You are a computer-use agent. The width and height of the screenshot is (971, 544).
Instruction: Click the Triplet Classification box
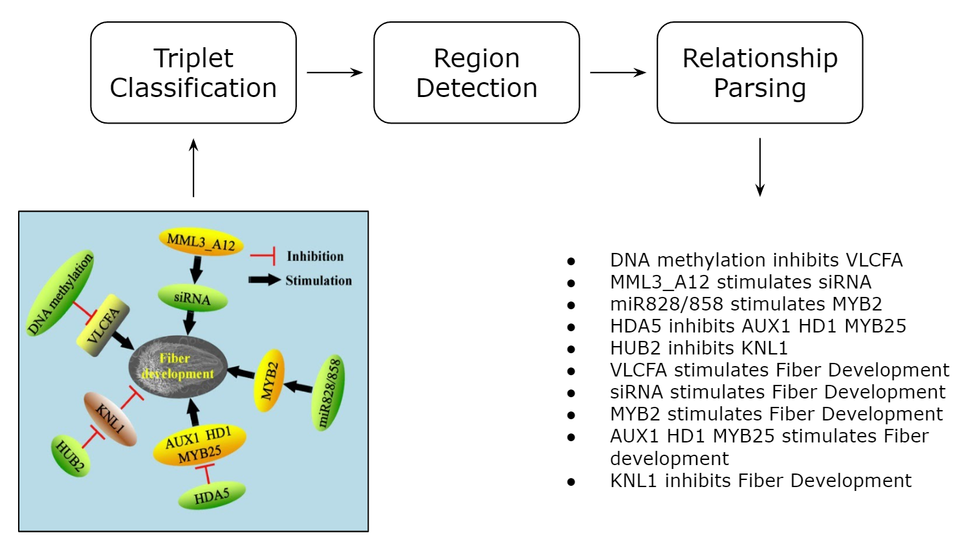[193, 72]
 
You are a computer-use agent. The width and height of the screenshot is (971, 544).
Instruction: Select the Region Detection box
[476, 72]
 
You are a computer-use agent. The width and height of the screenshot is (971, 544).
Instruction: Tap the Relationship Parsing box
[760, 72]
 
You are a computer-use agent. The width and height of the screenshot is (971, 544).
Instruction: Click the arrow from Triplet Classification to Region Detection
[334, 72]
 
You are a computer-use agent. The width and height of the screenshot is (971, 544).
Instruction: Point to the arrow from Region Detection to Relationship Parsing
[618, 72]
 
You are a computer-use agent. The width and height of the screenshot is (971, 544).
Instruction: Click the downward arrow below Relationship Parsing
[760, 168]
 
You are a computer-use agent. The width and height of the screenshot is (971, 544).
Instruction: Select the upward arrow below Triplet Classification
[193, 168]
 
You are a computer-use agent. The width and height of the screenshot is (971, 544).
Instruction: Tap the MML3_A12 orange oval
[201, 242]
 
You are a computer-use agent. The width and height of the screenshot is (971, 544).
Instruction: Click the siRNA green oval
[192, 298]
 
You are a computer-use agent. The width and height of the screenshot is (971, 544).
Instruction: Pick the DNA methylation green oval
[60, 294]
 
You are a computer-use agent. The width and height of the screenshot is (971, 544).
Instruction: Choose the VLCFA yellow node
[103, 325]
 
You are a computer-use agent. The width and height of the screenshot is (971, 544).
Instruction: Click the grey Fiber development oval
[178, 367]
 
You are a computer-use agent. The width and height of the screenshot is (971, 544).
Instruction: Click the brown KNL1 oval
[110, 419]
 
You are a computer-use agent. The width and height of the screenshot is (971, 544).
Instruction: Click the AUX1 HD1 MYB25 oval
[200, 446]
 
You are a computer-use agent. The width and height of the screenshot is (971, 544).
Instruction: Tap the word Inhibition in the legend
[315, 256]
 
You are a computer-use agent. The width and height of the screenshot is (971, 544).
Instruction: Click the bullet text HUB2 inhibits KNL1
[699, 347]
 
